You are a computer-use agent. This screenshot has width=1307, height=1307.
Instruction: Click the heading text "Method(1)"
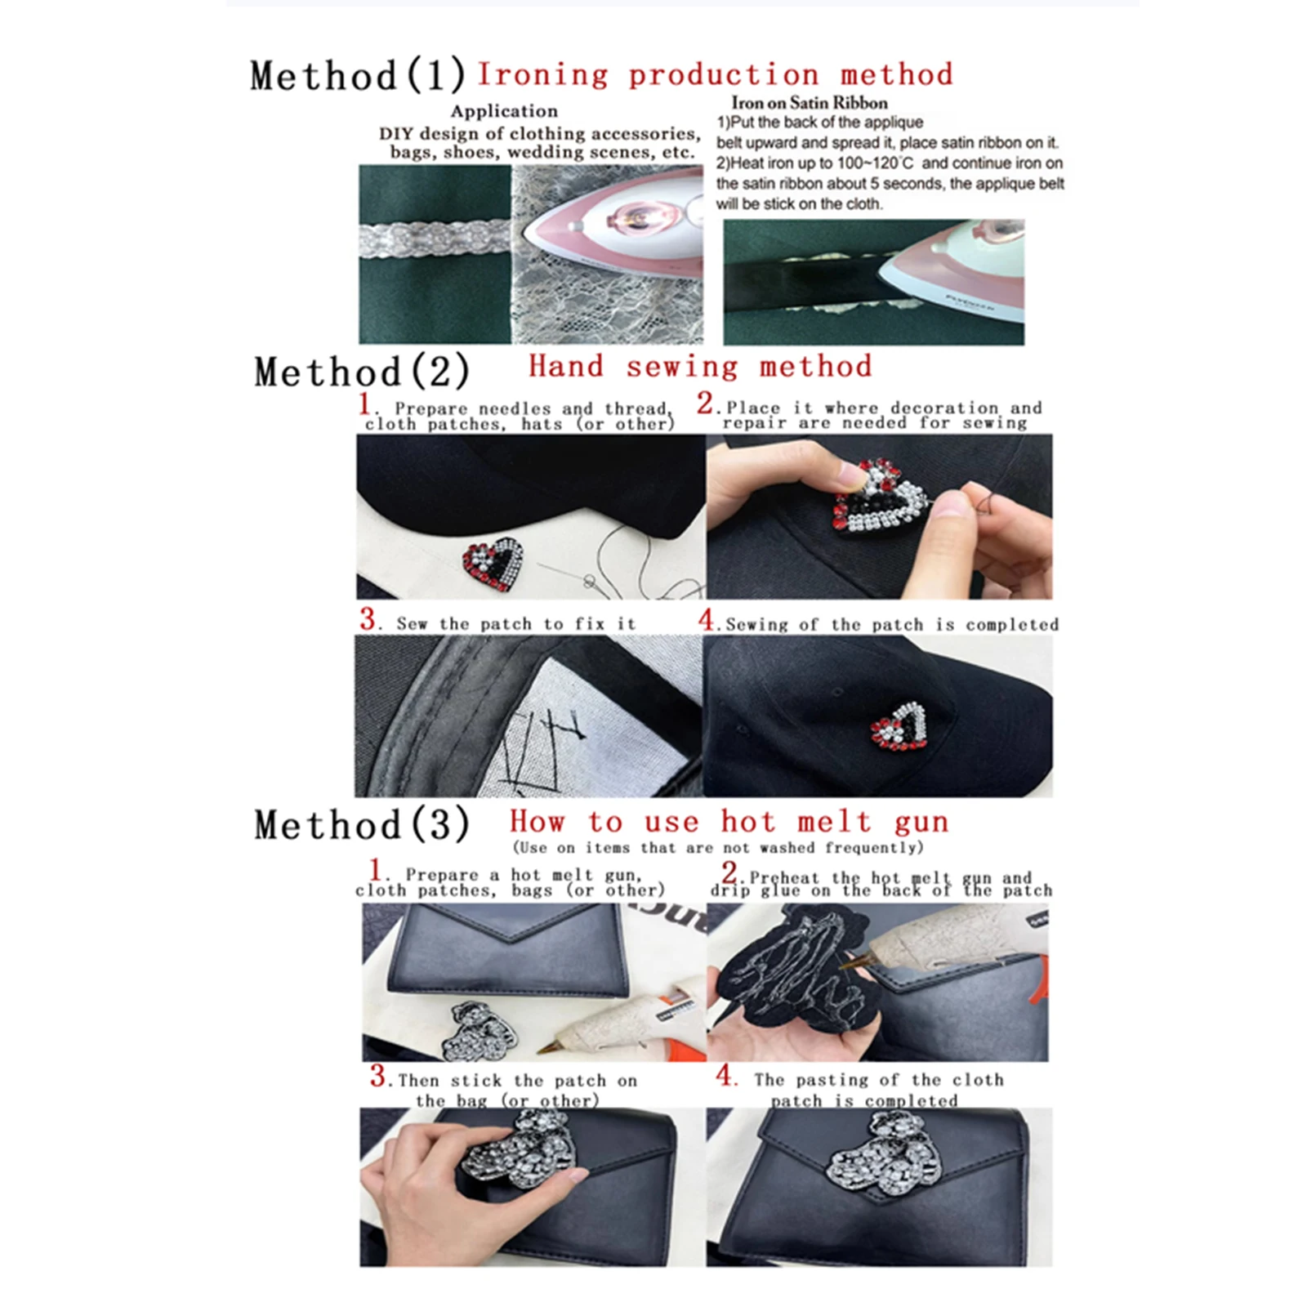pyautogui.click(x=358, y=76)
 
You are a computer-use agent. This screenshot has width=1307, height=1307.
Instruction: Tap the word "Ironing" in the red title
pyautogui.click(x=542, y=75)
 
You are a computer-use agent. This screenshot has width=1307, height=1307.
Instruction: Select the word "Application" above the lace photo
pyautogui.click(x=504, y=111)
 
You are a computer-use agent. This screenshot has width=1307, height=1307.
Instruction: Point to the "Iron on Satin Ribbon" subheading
pyautogui.click(x=809, y=103)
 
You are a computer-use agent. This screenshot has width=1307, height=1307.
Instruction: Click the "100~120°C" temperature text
pyautogui.click(x=870, y=163)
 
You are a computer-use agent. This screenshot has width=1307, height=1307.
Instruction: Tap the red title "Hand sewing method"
pyautogui.click(x=700, y=367)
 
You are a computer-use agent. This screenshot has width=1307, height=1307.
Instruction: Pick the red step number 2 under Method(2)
pyautogui.click(x=706, y=404)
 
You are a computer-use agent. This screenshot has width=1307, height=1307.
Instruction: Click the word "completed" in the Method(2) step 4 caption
pyautogui.click(x=1012, y=625)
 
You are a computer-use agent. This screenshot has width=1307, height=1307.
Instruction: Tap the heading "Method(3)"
pyautogui.click(x=362, y=824)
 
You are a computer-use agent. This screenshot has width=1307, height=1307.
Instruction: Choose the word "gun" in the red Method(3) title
pyautogui.click(x=921, y=822)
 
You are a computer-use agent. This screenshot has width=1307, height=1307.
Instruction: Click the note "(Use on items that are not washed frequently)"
pyautogui.click(x=717, y=848)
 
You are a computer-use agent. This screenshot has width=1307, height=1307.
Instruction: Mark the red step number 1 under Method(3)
pyautogui.click(x=376, y=870)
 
